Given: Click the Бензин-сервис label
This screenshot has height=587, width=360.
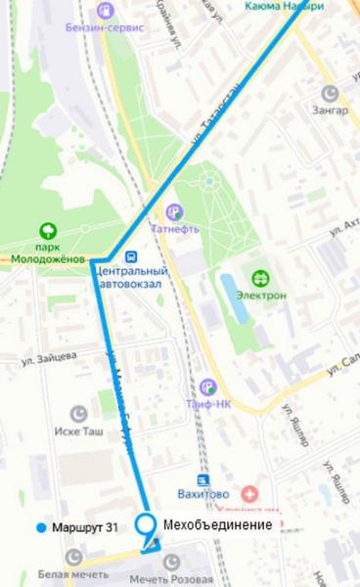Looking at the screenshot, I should pyautogui.click(x=107, y=28).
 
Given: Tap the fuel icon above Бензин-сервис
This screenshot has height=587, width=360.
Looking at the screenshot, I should pyautogui.click(x=105, y=11).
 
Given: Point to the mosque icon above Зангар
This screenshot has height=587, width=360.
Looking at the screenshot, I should pyautogui.click(x=331, y=92).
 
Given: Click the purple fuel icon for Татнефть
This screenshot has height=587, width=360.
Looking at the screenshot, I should pyautogui.click(x=174, y=210).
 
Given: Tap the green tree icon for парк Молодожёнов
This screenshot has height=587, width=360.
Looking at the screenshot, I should pyautogui.click(x=46, y=232).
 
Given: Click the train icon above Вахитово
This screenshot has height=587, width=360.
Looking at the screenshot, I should pyautogui.click(x=202, y=481).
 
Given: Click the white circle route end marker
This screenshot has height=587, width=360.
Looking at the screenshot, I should pyautogui.click(x=148, y=523).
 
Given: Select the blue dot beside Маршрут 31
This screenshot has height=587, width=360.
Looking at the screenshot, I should pyautogui.click(x=39, y=527).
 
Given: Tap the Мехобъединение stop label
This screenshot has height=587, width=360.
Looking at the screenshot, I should pyautogui.click(x=217, y=525).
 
